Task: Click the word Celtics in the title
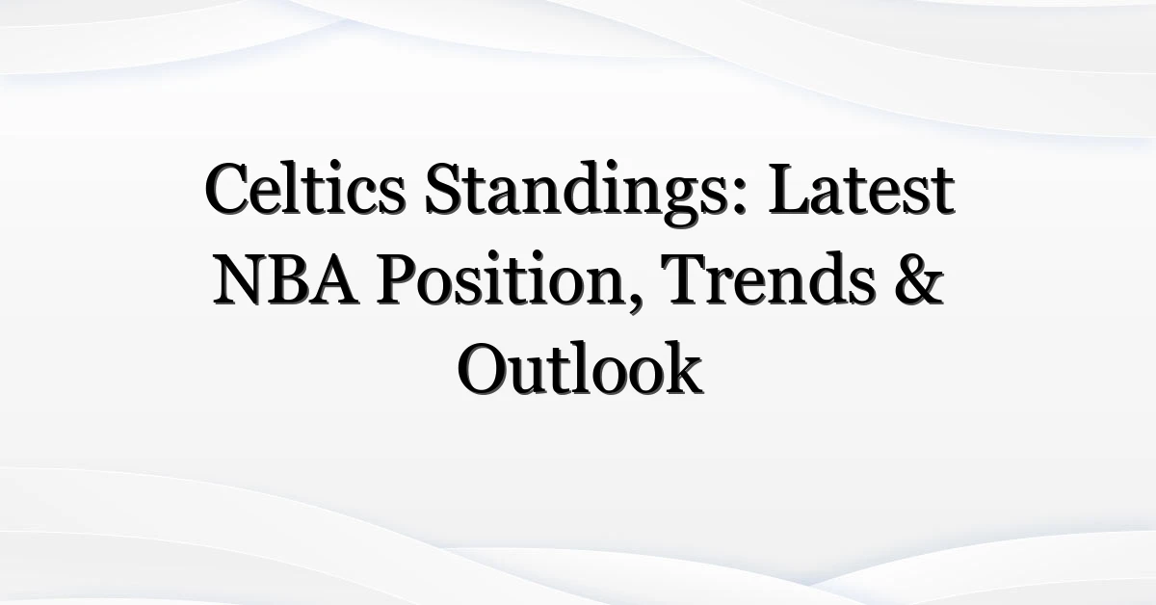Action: (304, 189)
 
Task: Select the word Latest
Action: (861, 190)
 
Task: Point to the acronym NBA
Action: (286, 279)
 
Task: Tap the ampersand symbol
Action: (919, 279)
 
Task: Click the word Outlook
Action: (580, 369)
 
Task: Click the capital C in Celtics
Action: (227, 190)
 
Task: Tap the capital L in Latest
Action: (790, 191)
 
